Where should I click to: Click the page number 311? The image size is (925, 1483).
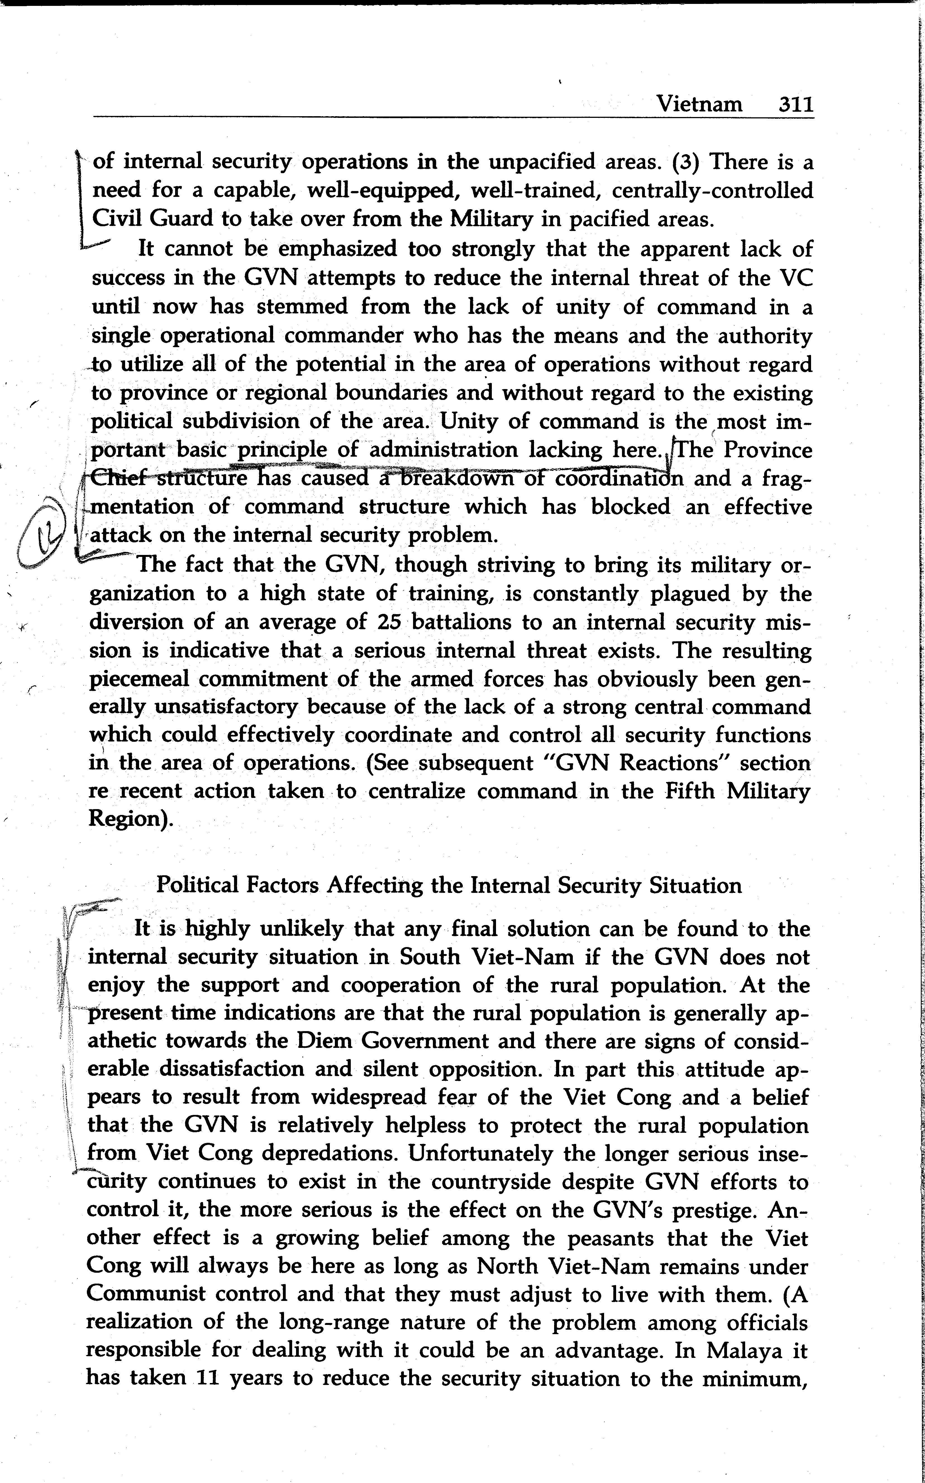(795, 104)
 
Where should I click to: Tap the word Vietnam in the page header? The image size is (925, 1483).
(699, 104)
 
